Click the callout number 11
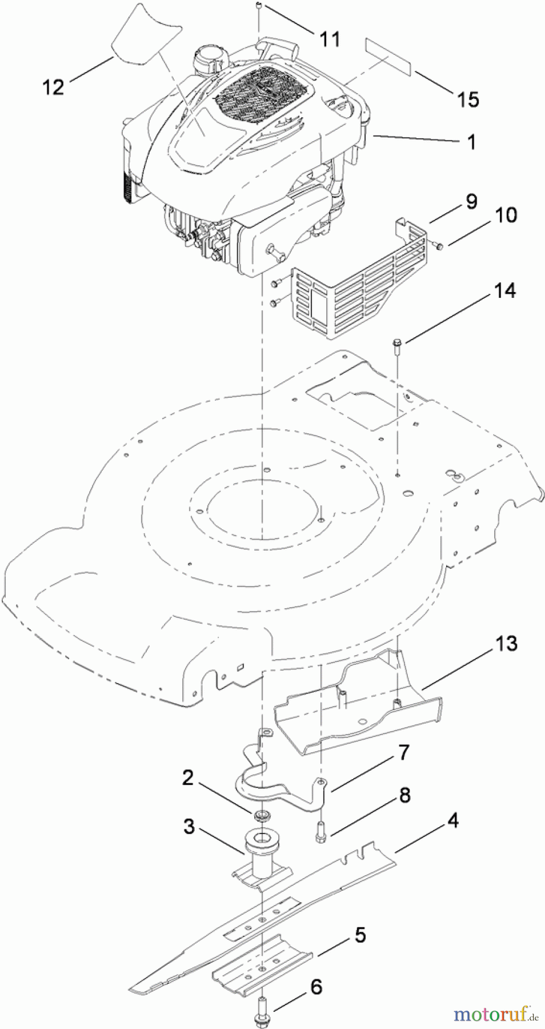[330, 39]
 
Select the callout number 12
[53, 87]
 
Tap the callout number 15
[468, 99]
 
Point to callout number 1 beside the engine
[471, 142]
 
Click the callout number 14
[504, 290]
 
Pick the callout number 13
[506, 643]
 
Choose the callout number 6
[316, 987]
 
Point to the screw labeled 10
[439, 246]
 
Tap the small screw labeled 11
[259, 6]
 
